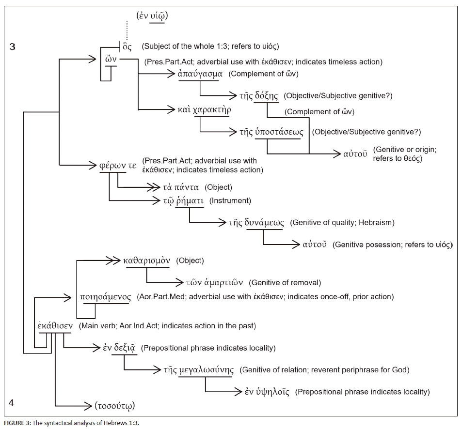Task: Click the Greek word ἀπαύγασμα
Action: [x=200, y=74]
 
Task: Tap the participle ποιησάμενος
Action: [x=105, y=296]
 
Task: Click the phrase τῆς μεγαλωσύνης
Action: [x=206, y=370]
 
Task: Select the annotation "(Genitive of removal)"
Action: [x=285, y=282]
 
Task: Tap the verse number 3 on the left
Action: [x=13, y=47]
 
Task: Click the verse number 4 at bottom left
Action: [x=12, y=403]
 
